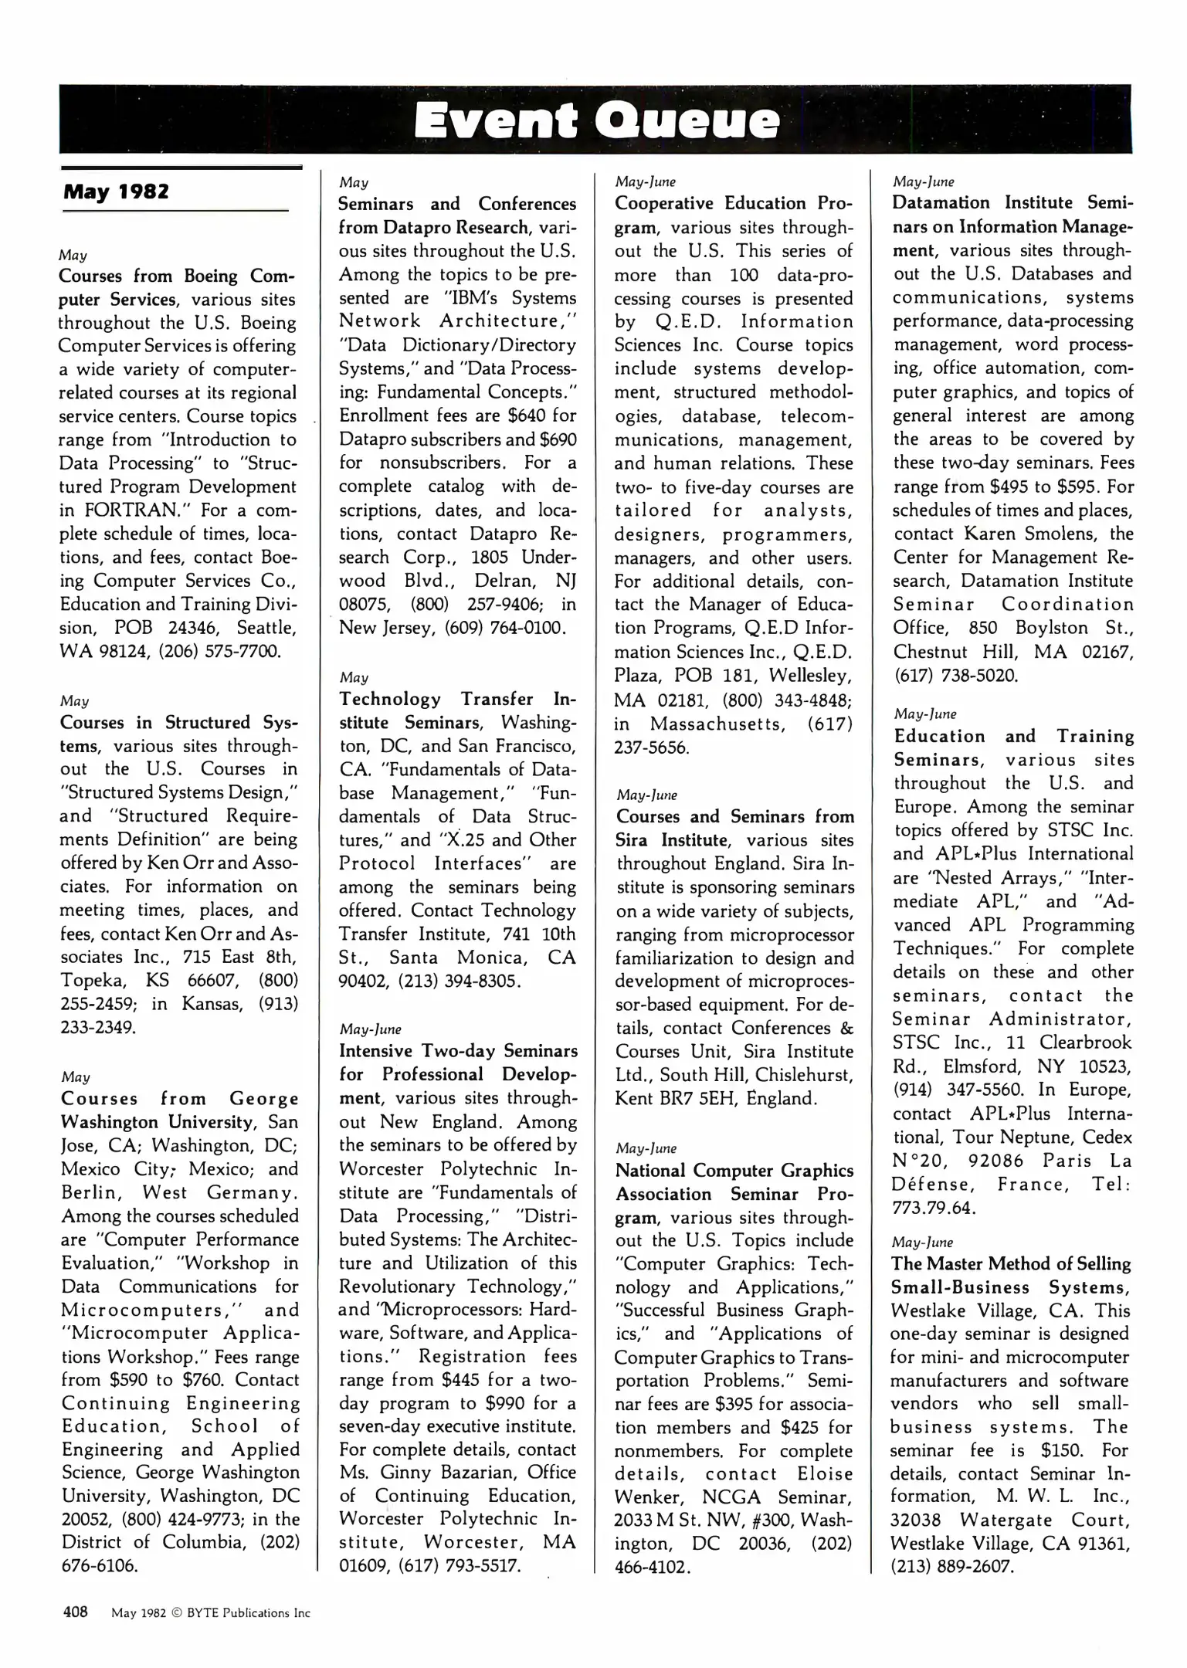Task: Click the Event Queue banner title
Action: (x=595, y=122)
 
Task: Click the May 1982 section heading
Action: (x=116, y=192)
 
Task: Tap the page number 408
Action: (x=75, y=1612)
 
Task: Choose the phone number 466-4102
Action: (x=651, y=1566)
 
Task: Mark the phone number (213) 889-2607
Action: (x=951, y=1566)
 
